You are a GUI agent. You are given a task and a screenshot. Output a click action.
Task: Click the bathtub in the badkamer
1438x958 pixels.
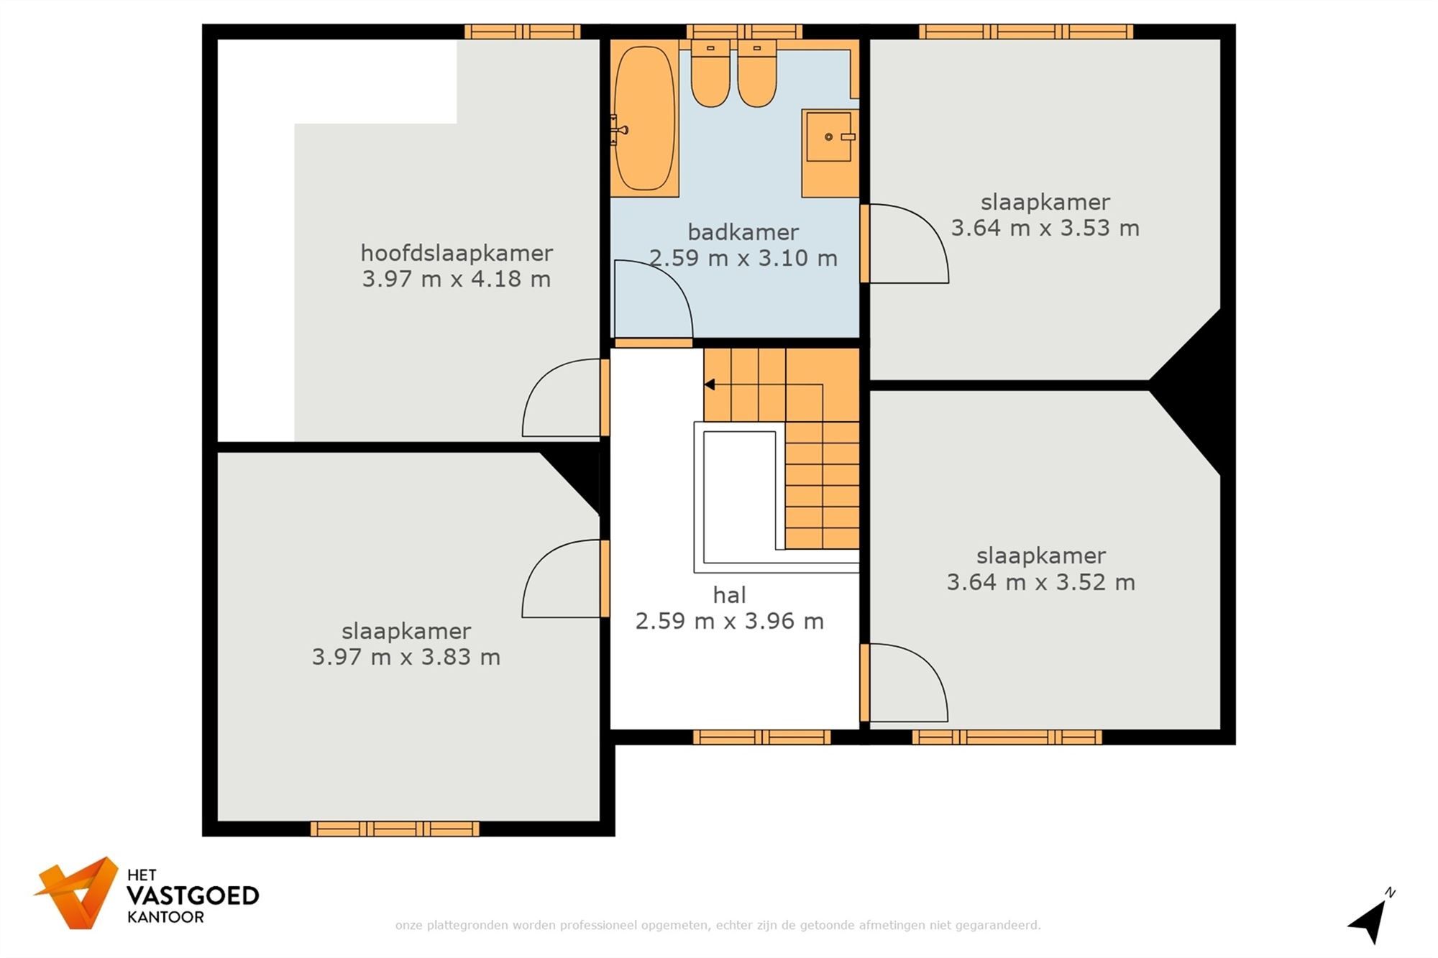click(x=645, y=119)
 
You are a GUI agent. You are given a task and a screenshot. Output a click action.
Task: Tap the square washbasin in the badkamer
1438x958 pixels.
click(x=828, y=137)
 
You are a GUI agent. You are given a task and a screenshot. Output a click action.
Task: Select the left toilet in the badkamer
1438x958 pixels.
click(x=710, y=74)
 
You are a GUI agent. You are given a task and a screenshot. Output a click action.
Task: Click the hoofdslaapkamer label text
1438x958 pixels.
click(x=456, y=253)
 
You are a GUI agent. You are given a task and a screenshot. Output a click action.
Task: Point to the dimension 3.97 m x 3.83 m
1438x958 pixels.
click(x=406, y=657)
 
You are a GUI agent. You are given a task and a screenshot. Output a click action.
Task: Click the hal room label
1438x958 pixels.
click(x=729, y=595)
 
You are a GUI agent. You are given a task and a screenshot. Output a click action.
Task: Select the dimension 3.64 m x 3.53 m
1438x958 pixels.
click(x=1045, y=228)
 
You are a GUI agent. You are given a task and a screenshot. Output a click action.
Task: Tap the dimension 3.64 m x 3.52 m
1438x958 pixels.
click(x=1040, y=581)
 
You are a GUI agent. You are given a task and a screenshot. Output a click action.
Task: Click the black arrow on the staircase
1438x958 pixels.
click(x=709, y=384)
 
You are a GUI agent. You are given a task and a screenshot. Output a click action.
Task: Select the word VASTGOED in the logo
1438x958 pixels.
click(x=192, y=895)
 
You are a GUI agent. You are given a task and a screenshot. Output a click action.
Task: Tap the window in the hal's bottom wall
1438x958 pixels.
click(x=761, y=737)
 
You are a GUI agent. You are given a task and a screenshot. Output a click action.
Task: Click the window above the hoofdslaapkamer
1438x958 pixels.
click(x=522, y=32)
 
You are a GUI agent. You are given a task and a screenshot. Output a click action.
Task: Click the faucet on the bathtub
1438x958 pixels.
click(x=618, y=130)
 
